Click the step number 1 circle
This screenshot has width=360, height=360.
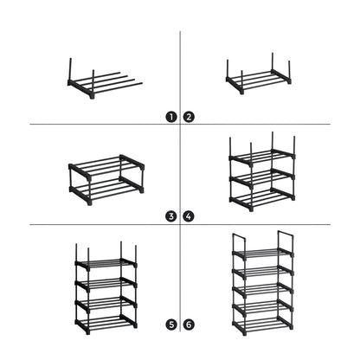[172, 115]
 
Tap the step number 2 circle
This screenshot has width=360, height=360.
[188, 115]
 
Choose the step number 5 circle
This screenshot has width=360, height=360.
[172, 325]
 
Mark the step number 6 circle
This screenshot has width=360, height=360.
[188, 325]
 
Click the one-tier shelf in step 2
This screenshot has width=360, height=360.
[260, 81]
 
